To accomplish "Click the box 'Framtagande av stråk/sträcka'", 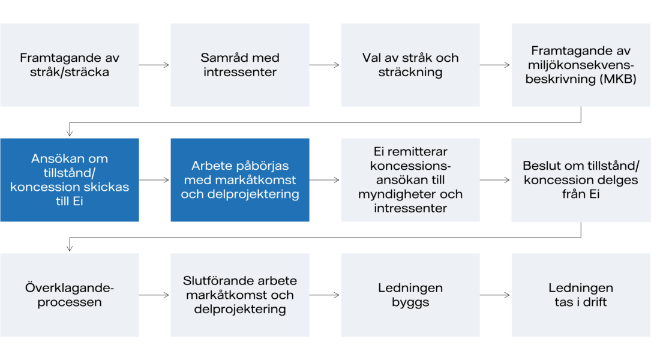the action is [x=70, y=65].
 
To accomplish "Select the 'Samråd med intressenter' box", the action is [x=240, y=65].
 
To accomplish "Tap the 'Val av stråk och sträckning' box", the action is [x=410, y=65].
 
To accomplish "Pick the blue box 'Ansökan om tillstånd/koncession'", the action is [x=70, y=180].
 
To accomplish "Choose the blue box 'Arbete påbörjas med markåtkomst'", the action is [x=240, y=180].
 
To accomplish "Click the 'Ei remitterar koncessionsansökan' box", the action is [x=410, y=180].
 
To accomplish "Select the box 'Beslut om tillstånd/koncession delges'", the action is [x=581, y=180].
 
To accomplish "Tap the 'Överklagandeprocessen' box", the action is [x=70, y=295].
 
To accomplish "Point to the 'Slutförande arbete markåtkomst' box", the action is [x=240, y=295].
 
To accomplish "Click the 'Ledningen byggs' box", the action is [x=410, y=295].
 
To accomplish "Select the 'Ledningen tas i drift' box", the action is [x=581, y=295].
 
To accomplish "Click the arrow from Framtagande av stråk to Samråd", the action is [x=154, y=65].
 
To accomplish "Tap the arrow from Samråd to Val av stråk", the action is [x=324, y=65].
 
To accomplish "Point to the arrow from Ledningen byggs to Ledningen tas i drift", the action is [x=495, y=295].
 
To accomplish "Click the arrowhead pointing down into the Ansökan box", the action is [x=70, y=133].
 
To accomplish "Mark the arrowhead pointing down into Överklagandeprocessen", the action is [x=70, y=248].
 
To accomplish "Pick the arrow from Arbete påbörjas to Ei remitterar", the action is [x=324, y=180].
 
